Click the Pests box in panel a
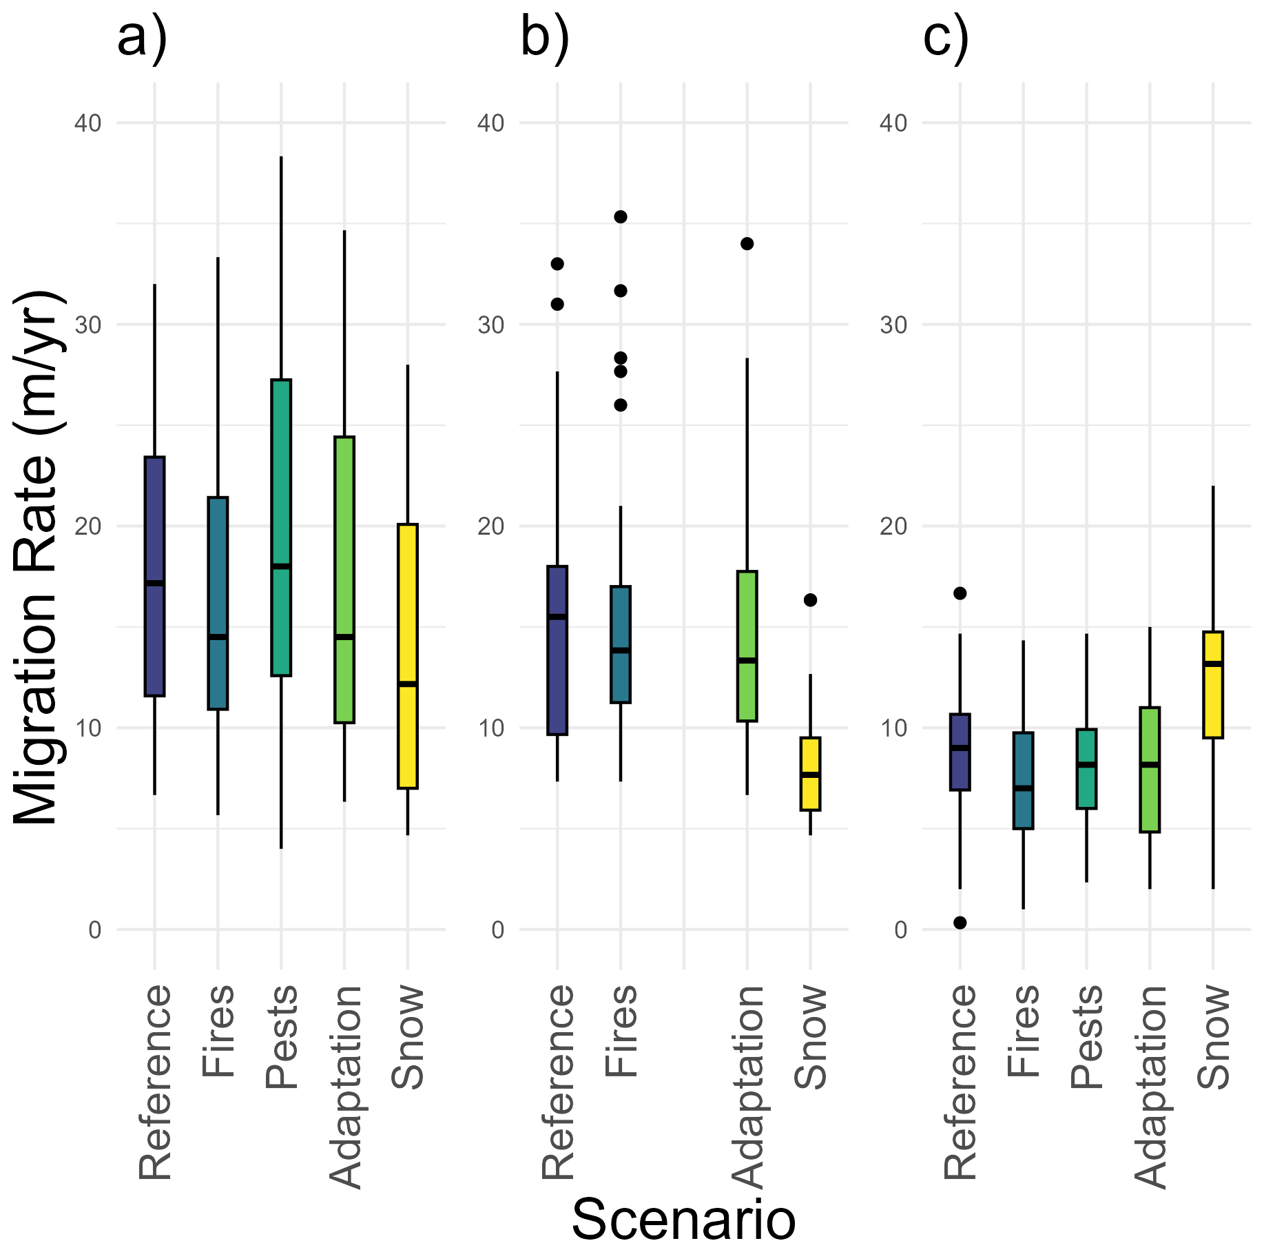click(x=281, y=527)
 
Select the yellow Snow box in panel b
click(x=810, y=774)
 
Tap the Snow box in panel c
click(x=1213, y=684)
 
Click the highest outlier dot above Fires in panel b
click(x=621, y=217)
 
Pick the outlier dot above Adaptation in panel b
click(x=747, y=244)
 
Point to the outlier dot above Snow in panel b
click(x=811, y=600)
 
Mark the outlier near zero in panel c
click(x=960, y=923)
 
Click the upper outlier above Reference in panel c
click(x=960, y=593)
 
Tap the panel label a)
click(x=142, y=39)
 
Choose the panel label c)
click(x=946, y=39)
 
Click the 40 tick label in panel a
click(x=87, y=123)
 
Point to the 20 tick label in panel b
click(x=490, y=526)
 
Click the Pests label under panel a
click(x=282, y=1037)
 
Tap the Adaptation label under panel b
click(x=747, y=1087)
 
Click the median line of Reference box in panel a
click(x=154, y=583)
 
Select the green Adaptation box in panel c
click(x=1150, y=770)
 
